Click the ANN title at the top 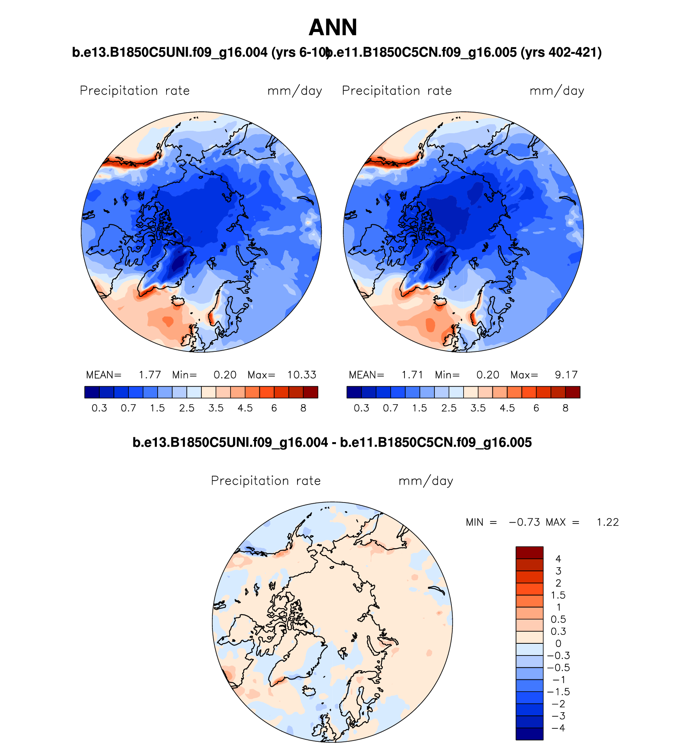(333, 28)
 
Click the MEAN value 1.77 (150, 375)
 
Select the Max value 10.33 (302, 375)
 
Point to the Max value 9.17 (566, 375)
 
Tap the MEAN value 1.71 (412, 375)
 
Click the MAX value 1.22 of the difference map (607, 522)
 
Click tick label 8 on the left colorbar (303, 408)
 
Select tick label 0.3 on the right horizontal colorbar (361, 408)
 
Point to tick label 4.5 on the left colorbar (245, 408)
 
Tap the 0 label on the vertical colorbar (558, 643)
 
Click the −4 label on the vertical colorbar (558, 728)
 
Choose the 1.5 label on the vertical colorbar (558, 595)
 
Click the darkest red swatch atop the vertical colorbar (529, 553)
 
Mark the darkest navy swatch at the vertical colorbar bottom (529, 734)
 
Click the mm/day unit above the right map (556, 91)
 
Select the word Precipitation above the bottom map (250, 481)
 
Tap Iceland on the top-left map (178, 301)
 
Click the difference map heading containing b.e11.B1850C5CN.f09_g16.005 (436, 442)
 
